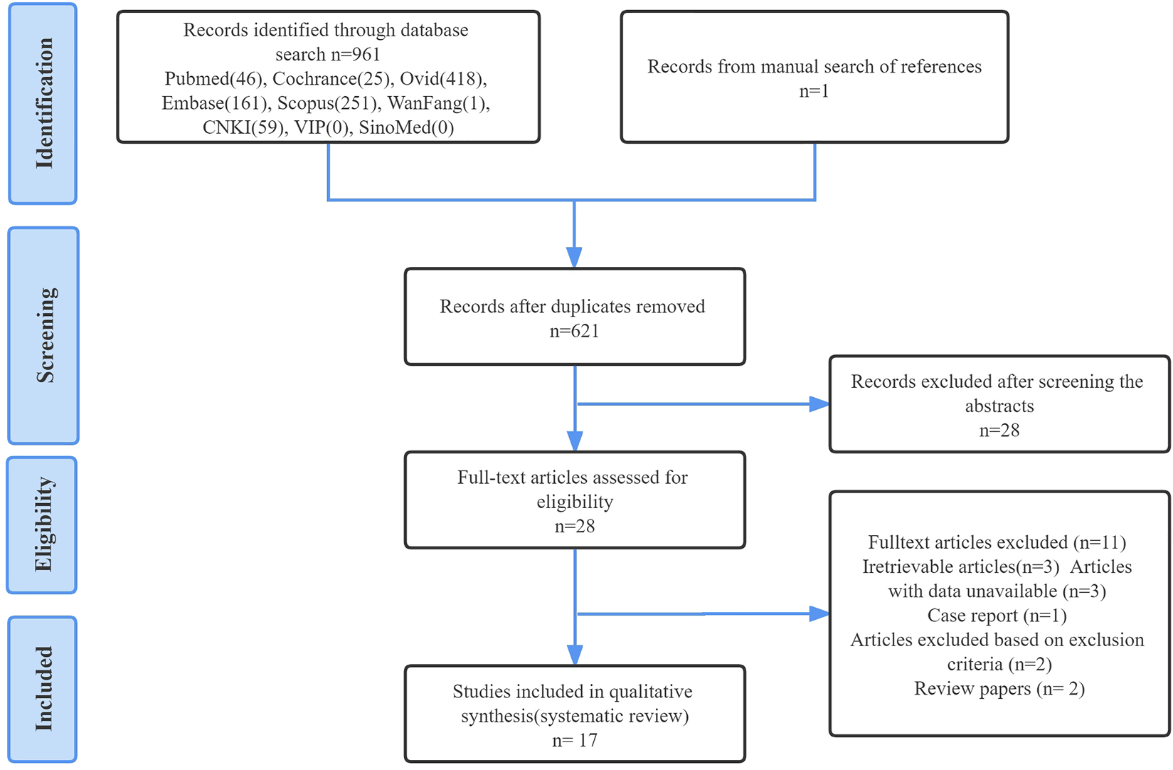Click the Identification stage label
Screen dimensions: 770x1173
[x=43, y=104]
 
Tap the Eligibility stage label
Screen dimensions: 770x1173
[x=43, y=525]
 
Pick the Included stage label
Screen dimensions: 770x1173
[x=43, y=689]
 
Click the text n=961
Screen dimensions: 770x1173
[x=354, y=55]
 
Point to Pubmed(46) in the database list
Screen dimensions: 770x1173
[x=213, y=79]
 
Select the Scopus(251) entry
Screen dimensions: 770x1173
[x=327, y=104]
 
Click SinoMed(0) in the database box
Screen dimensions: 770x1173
[x=406, y=128]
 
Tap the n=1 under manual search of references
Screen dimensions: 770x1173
[x=814, y=91]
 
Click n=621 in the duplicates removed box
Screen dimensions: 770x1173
[x=574, y=332]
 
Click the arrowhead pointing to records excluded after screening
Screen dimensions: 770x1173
[x=819, y=404]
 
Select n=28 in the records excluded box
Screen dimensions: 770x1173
[x=999, y=431]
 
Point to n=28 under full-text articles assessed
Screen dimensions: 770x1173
[x=574, y=527]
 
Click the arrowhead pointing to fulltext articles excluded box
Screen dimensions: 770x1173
[x=819, y=613]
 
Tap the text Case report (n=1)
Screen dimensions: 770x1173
[x=997, y=616]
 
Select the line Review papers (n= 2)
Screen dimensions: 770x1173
[x=999, y=689]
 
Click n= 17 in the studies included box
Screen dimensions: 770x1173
[x=574, y=741]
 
